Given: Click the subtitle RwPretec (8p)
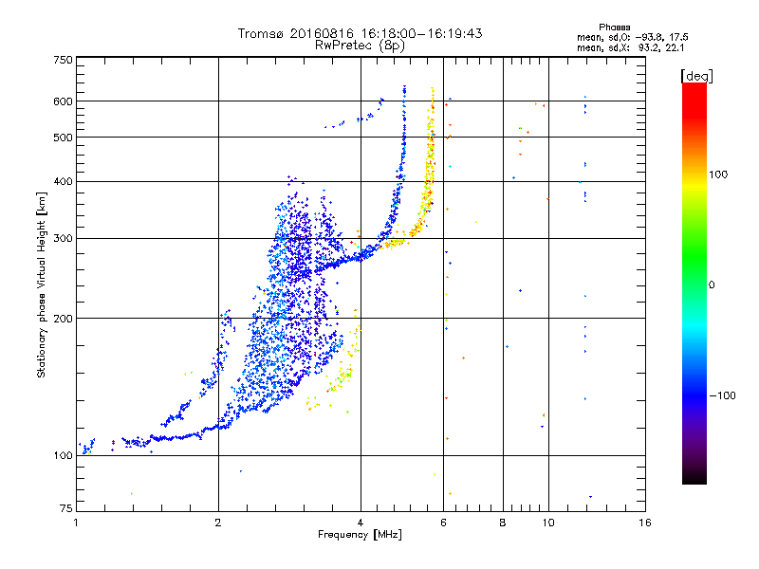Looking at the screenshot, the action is pos(360,46).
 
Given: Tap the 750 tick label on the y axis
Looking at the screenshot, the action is pos(64,60).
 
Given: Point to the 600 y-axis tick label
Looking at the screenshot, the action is pos(64,101).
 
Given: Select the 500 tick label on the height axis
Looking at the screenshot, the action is pos(64,138).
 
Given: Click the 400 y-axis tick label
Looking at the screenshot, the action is pos(64,181).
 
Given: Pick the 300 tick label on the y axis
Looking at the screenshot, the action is pos(64,238).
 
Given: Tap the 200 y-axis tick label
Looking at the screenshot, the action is pos(64,319).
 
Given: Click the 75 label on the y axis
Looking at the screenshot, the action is pos(66,508).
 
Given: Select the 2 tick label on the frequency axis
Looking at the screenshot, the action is pos(218,523).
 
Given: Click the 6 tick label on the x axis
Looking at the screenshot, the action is pos(443,523).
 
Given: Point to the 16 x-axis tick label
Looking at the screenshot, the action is pos(645,523).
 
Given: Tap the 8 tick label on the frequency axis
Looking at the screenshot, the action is pos(503,523).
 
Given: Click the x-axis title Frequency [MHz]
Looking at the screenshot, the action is pos(361,535).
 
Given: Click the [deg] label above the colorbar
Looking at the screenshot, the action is pos(696,76).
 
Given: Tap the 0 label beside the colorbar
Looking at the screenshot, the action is pos(712,285).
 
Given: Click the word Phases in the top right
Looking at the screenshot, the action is pos(615,28).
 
